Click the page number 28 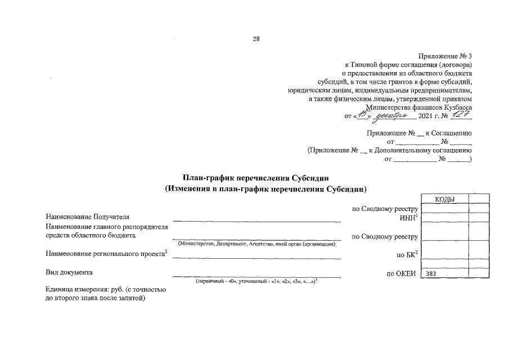[256, 39]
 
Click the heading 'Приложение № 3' [446, 56]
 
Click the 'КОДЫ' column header [444, 199]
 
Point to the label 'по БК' [407, 255]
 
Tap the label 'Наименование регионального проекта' [107, 255]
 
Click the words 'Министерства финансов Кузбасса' [418, 107]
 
